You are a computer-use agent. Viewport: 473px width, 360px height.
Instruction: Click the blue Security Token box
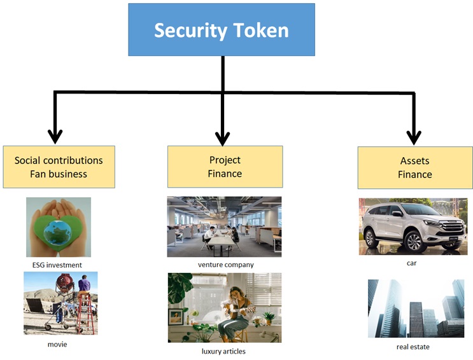222,29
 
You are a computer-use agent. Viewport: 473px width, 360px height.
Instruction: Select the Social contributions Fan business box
59,167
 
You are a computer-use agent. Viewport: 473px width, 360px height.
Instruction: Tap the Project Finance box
225,167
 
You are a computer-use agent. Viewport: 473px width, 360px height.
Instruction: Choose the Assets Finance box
415,168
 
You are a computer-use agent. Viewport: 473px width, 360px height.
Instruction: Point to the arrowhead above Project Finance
223,139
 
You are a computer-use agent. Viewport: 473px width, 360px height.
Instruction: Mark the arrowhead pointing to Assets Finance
414,137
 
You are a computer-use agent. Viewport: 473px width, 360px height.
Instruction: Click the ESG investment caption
57,265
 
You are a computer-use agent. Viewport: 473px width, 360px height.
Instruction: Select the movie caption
57,344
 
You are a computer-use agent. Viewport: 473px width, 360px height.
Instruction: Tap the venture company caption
225,265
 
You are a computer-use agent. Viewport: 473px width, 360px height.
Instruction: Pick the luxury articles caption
223,351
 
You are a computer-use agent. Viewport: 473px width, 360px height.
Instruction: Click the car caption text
411,263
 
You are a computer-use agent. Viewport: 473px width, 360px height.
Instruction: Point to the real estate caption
413,347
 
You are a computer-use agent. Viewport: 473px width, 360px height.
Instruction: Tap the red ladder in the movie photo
87,314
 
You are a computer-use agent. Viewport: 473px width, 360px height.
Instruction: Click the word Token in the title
261,30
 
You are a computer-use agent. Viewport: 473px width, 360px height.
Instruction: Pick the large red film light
64,281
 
